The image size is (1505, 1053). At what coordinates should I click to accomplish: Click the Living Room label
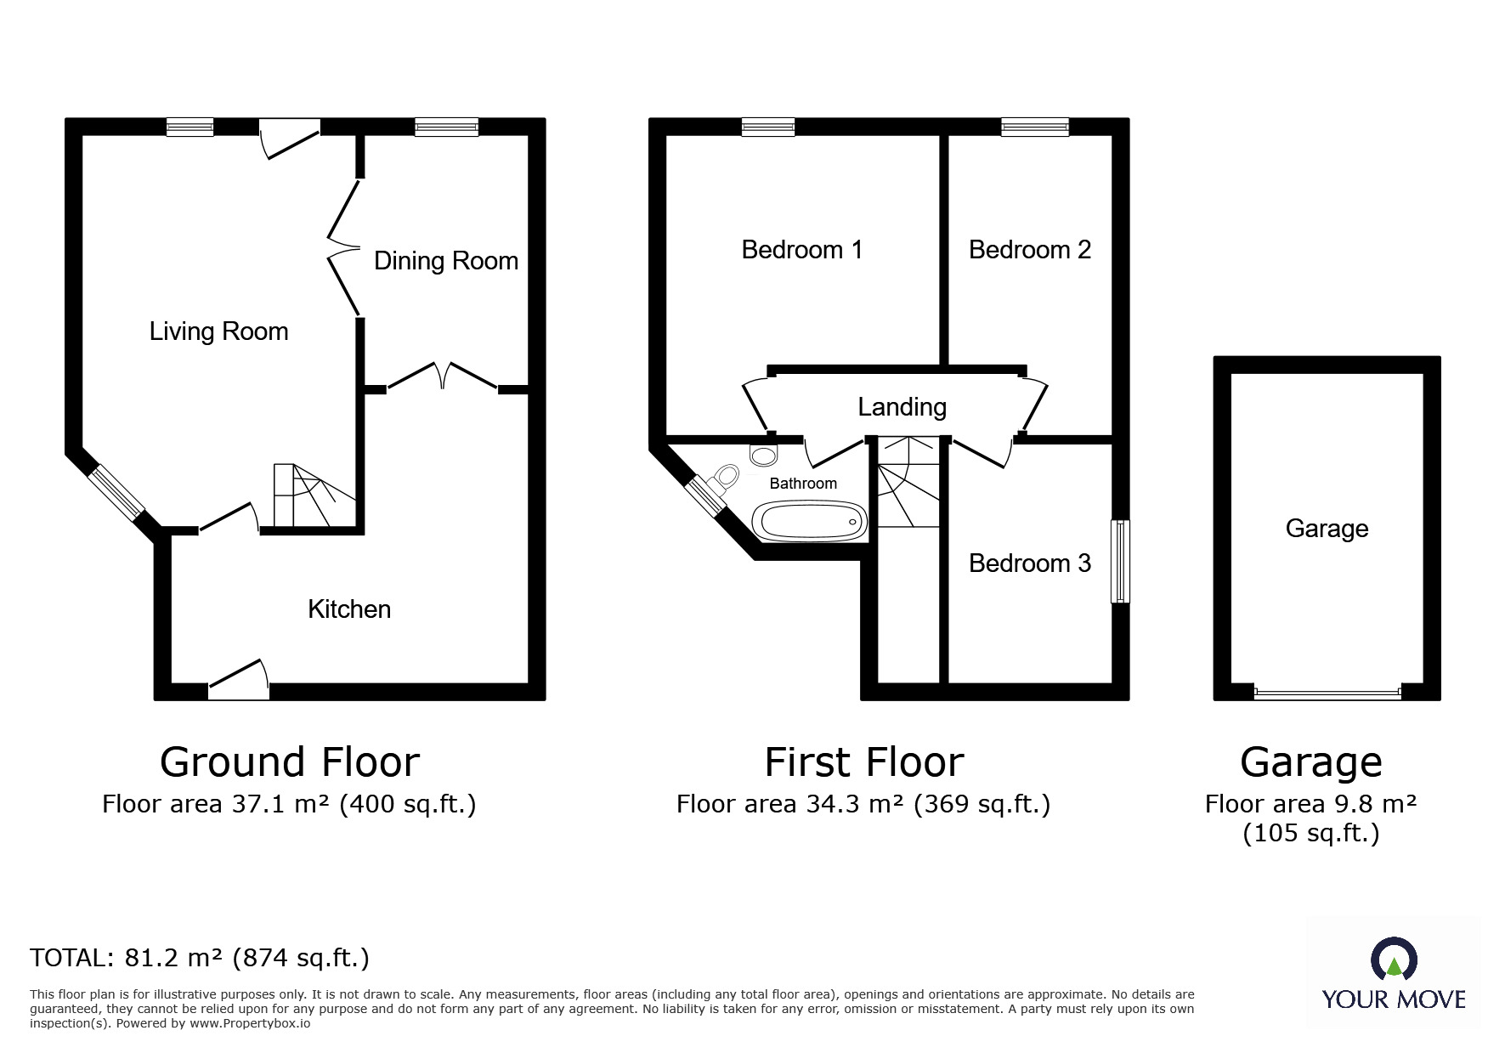tap(218, 331)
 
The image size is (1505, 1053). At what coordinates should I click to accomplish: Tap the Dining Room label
tap(446, 261)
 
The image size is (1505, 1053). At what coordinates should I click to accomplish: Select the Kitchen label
tap(349, 609)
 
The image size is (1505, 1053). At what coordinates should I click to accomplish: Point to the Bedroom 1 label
tap(801, 250)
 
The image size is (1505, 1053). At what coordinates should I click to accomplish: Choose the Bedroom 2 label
tap(1029, 250)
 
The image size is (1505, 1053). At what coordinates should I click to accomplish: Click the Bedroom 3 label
tap(1029, 563)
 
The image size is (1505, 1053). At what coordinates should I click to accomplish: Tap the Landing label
tap(902, 407)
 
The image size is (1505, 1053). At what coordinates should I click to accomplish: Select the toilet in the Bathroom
tap(725, 479)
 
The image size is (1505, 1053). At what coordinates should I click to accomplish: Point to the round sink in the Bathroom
tap(764, 456)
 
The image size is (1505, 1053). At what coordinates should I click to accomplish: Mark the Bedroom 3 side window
tap(1121, 562)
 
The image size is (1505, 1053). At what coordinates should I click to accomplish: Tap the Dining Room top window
tap(446, 127)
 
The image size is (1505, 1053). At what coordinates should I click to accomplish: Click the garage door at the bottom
tap(1327, 693)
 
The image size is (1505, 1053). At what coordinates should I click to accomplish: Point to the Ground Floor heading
tap(290, 762)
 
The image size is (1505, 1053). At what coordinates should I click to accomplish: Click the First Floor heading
tap(863, 762)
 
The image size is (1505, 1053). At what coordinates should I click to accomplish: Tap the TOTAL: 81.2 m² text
tap(200, 958)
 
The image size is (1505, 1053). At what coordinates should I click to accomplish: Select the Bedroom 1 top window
tap(767, 127)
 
